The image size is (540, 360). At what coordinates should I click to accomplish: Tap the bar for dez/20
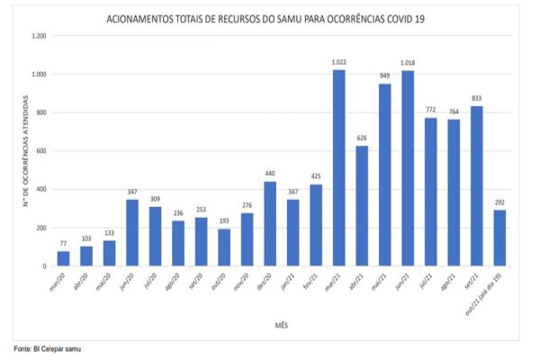coord(269,224)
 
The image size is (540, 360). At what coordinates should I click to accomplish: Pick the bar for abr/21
coord(362,206)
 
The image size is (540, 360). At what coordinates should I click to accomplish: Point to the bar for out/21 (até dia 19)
coord(500,238)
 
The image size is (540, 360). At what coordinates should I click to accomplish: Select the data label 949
coord(385,76)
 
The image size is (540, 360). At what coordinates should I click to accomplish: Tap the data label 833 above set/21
coord(478,97)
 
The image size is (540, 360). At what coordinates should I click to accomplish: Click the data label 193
coord(222,220)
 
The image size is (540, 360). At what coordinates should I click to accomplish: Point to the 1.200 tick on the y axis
coord(38,36)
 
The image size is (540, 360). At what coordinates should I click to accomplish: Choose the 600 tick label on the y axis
coord(41,151)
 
